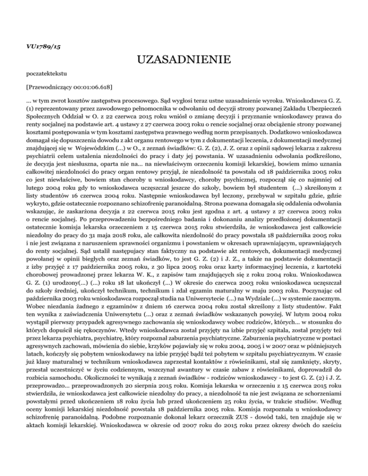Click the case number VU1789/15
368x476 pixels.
click(40, 47)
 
